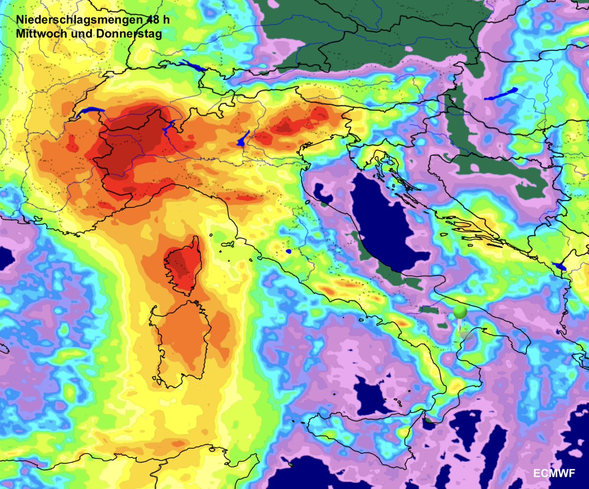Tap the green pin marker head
[x=460, y=312]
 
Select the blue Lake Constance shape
[x=192, y=66]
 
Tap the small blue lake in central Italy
[x=288, y=251]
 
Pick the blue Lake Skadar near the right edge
[x=559, y=267]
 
